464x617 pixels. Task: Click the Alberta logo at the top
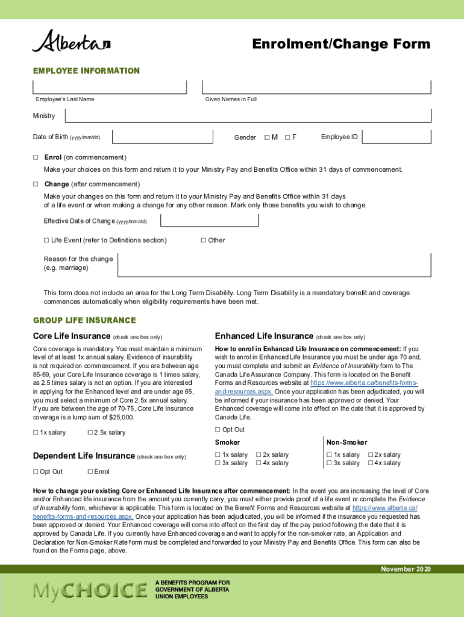71,42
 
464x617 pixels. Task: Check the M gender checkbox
268,137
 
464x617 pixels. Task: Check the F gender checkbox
287,137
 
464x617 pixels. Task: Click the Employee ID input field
397,137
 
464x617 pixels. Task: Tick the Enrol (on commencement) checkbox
36,157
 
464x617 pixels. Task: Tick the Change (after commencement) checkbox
36,184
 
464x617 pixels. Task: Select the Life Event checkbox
46,240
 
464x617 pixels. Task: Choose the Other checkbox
203,240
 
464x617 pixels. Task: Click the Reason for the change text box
274,264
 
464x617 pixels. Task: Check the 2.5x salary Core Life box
90,433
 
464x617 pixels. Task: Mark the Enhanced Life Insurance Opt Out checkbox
218,430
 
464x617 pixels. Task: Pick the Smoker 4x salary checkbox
259,463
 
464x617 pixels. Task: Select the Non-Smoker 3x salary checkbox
329,463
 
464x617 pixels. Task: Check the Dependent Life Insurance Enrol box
90,472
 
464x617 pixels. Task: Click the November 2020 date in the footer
406,569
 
